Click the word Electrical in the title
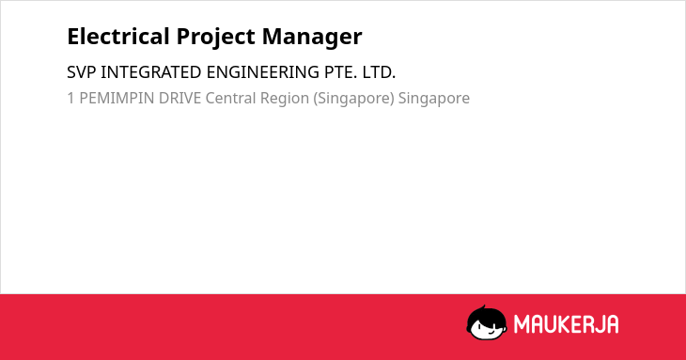pyautogui.click(x=118, y=37)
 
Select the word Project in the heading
pyautogui.click(x=216, y=38)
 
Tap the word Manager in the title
pyautogui.click(x=312, y=38)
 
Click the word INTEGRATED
pyautogui.click(x=151, y=72)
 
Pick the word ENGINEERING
pyautogui.click(x=263, y=72)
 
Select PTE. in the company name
pyautogui.click(x=340, y=72)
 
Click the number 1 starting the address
pyautogui.click(x=70, y=98)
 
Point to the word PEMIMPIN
pyautogui.click(x=117, y=98)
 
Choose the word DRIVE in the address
pyautogui.click(x=179, y=98)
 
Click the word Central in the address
pyautogui.click(x=230, y=98)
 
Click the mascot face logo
pyautogui.click(x=487, y=323)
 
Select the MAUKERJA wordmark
pyautogui.click(x=566, y=324)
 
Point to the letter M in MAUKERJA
pyautogui.click(x=522, y=324)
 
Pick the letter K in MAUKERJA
pyautogui.click(x=563, y=324)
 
